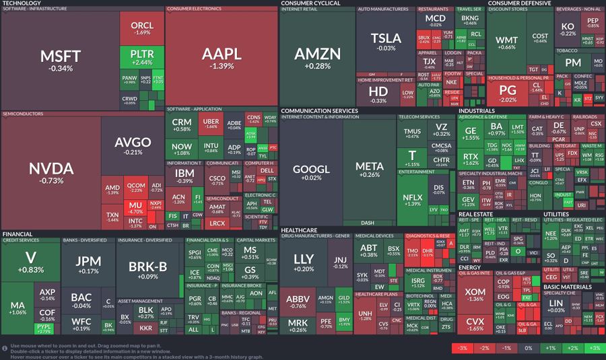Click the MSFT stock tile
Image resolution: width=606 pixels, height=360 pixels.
tap(61, 61)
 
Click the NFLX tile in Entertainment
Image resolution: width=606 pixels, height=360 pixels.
tap(413, 200)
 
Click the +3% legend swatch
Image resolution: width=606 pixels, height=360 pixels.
tap(594, 348)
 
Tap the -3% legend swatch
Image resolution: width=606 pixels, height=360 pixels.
tap(462, 348)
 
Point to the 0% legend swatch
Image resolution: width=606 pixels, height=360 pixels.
tap(528, 348)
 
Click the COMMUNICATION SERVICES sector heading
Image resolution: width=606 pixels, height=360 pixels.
tap(319, 110)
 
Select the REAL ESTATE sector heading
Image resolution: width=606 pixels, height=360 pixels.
tap(475, 214)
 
